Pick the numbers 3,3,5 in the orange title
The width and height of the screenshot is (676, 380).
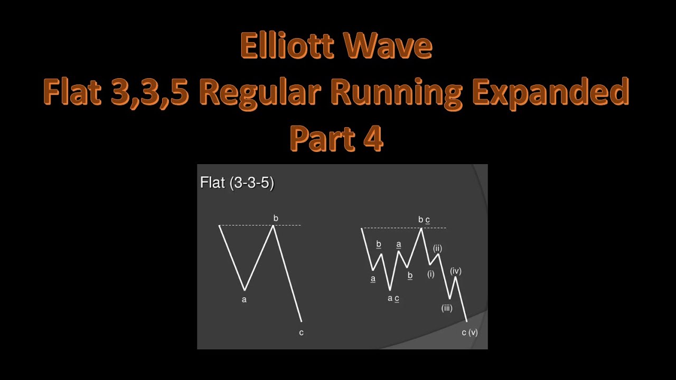coord(150,92)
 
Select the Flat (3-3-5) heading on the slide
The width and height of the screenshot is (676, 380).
coord(237,183)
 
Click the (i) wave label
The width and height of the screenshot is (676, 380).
coord(430,274)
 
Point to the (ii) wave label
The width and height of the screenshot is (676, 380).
coord(437,248)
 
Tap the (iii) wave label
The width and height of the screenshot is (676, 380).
coord(447,308)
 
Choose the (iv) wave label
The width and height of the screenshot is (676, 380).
coord(456,271)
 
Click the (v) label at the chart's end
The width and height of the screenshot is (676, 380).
coord(473,332)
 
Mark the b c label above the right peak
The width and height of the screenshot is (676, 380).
coord(424,220)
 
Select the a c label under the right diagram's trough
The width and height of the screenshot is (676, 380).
coord(393,298)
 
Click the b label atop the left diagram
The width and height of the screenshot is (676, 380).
coord(276,218)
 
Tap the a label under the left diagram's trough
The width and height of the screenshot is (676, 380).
coord(244,299)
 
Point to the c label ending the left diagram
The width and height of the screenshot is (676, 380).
coord(301,332)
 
